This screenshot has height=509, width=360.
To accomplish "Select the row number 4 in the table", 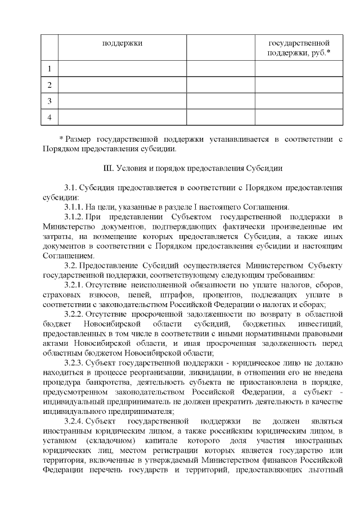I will click(50, 117).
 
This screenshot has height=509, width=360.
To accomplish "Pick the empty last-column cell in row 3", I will click(299, 101).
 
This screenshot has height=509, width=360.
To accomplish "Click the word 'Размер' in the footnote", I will click(79, 139).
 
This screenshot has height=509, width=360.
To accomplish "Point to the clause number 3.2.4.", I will click(74, 421).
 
